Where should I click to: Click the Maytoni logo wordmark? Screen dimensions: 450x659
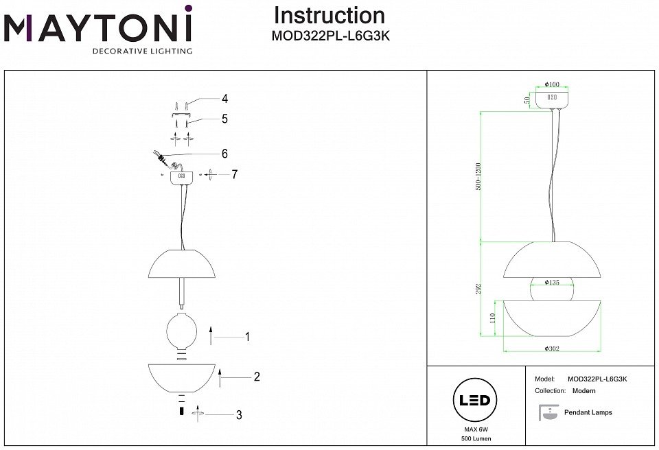pos(98,28)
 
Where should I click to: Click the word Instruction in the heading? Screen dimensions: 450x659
pos(329,16)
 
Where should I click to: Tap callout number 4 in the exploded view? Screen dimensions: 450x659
pos(224,97)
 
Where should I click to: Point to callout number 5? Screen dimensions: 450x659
pos(224,119)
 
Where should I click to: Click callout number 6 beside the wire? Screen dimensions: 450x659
pos(224,154)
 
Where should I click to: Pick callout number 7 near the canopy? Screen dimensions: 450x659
pos(234,174)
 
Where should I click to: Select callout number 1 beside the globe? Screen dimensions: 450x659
pos(247,337)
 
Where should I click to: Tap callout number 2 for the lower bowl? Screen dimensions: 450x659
pos(256,376)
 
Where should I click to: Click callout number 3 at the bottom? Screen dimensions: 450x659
pos(238,414)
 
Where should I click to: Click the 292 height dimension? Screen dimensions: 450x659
pos(478,289)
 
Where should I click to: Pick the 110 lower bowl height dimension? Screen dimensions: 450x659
pos(492,318)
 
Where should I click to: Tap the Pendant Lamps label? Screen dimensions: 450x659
pos(588,412)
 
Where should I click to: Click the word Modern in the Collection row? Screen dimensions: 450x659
pos(583,390)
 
